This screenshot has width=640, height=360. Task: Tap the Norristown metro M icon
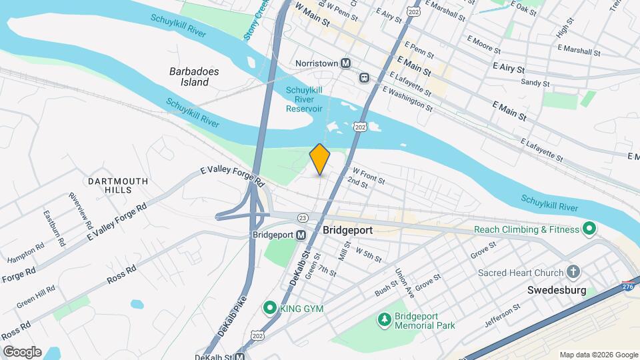tap(346, 63)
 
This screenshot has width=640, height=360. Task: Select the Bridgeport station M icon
tap(301, 235)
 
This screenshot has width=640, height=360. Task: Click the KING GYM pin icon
tap(269, 307)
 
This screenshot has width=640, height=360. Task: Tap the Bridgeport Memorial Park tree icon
tap(384, 320)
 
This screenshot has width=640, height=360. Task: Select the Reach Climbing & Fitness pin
tap(589, 229)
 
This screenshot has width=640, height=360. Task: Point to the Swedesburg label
tap(555, 291)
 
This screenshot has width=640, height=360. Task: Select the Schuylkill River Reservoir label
tap(304, 99)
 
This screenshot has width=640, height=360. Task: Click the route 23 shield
tap(303, 217)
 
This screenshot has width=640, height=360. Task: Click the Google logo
tap(21, 351)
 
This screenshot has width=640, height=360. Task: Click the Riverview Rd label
tap(79, 211)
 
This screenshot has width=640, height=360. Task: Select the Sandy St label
tap(535, 84)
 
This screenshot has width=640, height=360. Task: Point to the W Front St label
tap(369, 175)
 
